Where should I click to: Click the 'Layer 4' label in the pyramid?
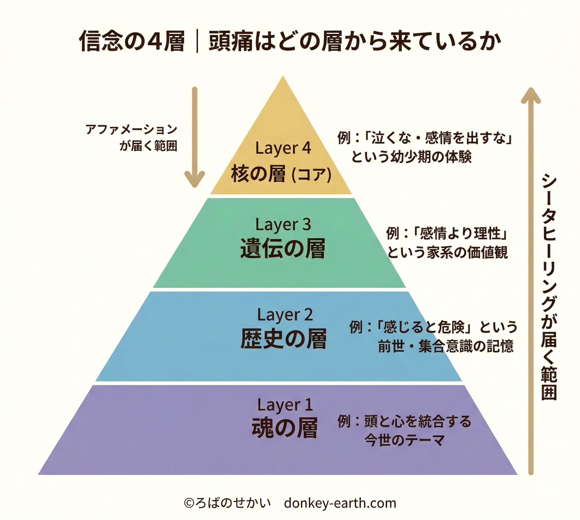283,148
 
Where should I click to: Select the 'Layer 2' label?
285,315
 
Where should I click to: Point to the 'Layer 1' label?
285,405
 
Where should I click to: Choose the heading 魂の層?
284,429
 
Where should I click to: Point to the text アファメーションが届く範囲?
131,137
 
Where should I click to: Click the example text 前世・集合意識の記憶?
446,346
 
